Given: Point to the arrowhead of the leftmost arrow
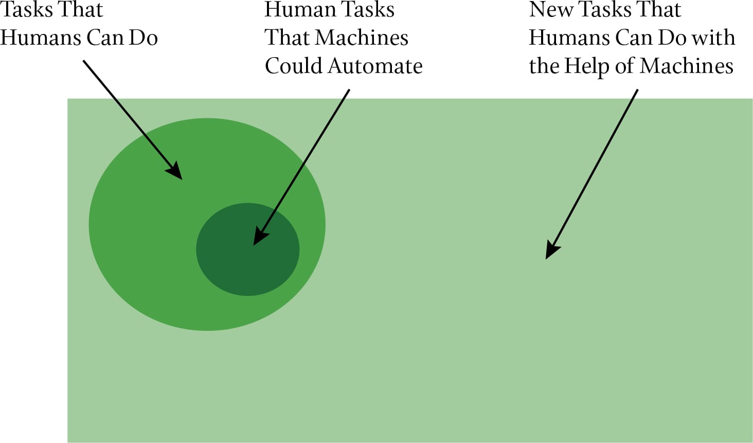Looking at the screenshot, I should pyautogui.click(x=175, y=170).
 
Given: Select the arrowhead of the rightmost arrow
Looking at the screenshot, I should pyautogui.click(x=551, y=251).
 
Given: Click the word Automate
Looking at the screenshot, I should pyautogui.click(x=375, y=66).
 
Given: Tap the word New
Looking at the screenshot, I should pyautogui.click(x=550, y=9).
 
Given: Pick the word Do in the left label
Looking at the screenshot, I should pyautogui.click(x=143, y=38).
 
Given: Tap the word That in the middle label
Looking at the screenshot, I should pyautogui.click(x=286, y=38).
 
